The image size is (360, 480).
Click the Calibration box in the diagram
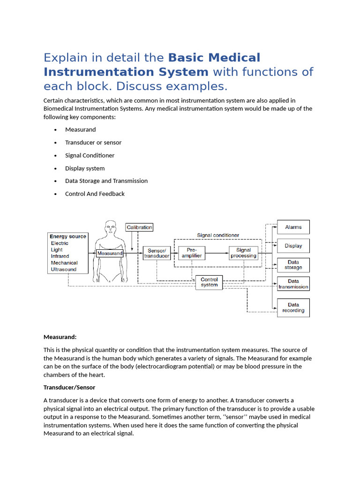pyautogui.click(x=139, y=227)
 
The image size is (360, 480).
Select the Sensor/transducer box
pyautogui.click(x=157, y=253)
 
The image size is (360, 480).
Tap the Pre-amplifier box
pyautogui.click(x=192, y=253)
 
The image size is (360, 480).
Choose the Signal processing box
pyautogui.click(x=244, y=253)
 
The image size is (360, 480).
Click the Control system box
pyautogui.click(x=209, y=282)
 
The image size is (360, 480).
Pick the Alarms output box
pyautogui.click(x=293, y=227)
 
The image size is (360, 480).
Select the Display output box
pyautogui.click(x=293, y=246)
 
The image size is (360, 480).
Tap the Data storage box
pyautogui.click(x=293, y=265)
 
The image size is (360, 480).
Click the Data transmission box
pyautogui.click(x=293, y=284)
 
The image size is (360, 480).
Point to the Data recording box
pyautogui.click(x=293, y=307)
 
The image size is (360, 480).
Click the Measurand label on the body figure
pyautogui.click(x=110, y=254)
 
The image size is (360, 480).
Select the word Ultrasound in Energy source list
pyautogui.click(x=64, y=270)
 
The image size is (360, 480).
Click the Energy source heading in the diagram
pyautogui.click(x=68, y=236)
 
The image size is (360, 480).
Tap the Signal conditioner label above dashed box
pyautogui.click(x=218, y=235)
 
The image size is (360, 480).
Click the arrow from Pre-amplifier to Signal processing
pyautogui.click(x=217, y=253)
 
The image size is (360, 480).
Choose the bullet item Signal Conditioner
pyautogui.click(x=90, y=156)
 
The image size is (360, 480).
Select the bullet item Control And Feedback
pyautogui.click(x=95, y=194)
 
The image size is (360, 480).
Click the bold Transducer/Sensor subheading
pyautogui.click(x=69, y=388)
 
